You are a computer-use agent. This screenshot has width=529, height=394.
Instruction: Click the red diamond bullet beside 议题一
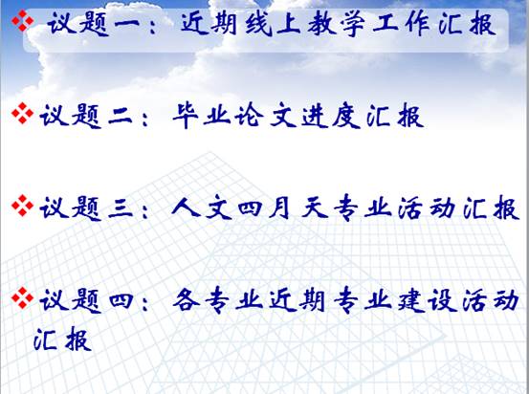[23, 21]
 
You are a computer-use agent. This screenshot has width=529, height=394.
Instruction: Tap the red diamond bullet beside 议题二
[23, 114]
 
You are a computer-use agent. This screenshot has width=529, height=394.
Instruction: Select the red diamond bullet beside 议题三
[23, 206]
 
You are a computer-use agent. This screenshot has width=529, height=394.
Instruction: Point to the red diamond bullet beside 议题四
[23, 297]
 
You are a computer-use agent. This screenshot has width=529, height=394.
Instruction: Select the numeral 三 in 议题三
[121, 208]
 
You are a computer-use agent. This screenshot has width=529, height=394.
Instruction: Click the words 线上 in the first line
[273, 24]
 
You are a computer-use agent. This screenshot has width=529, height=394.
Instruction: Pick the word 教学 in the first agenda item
[337, 24]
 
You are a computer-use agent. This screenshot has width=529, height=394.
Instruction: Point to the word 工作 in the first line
[401, 24]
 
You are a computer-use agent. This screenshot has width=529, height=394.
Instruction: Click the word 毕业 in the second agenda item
[201, 116]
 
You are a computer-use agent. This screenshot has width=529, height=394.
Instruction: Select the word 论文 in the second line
[265, 116]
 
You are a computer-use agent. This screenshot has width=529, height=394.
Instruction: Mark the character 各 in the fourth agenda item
[187, 301]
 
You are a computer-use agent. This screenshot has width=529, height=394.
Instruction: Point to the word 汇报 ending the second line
[395, 116]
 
